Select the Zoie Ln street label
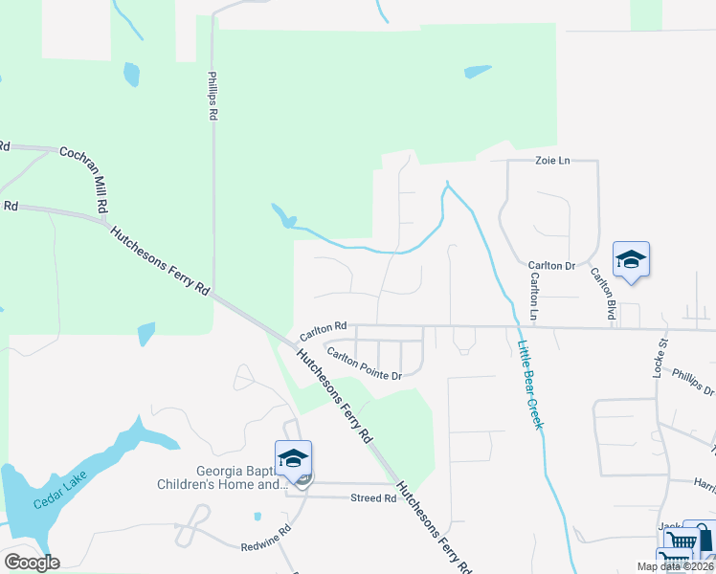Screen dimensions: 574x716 551,161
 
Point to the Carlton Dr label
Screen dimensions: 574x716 550,265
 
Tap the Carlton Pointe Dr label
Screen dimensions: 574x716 363,364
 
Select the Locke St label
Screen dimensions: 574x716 659,356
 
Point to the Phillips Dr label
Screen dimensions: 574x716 693,383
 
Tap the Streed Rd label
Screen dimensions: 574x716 373,498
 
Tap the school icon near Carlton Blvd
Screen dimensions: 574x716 632,259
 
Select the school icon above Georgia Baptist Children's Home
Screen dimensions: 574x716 293,458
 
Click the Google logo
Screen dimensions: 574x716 32,563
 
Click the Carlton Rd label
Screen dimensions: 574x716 323,332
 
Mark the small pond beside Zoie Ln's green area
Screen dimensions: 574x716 477,72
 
